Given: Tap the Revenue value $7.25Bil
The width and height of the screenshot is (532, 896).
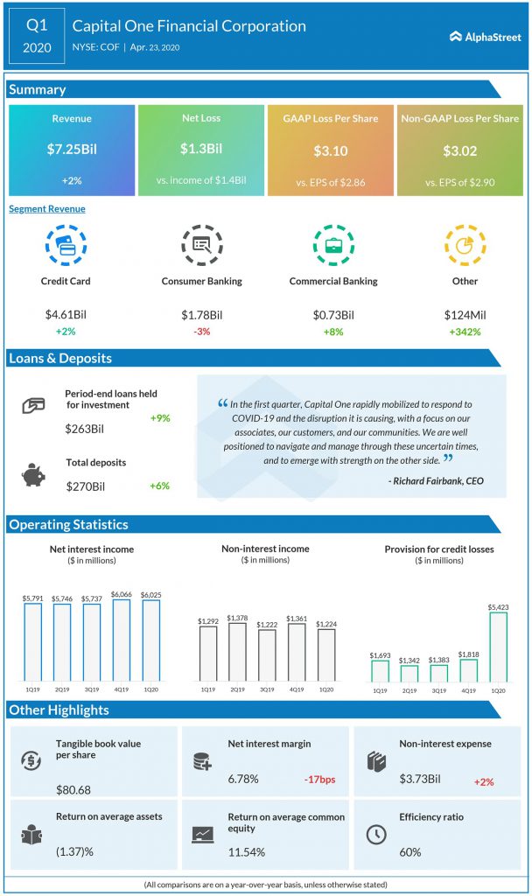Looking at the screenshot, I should tap(72, 150).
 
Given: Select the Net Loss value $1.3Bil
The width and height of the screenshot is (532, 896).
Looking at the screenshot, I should tap(200, 150).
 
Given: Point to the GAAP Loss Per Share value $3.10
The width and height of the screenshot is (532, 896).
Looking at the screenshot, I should tap(331, 150).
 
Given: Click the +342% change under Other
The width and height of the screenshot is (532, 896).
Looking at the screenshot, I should tap(465, 332).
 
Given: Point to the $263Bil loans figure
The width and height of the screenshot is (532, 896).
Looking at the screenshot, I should tap(83, 429).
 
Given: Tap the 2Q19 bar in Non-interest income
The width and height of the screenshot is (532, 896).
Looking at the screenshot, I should tap(236, 652).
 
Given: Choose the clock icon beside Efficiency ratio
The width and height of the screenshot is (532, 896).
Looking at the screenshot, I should tap(374, 833).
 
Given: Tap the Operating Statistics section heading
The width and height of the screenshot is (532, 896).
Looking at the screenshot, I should tap(69, 525).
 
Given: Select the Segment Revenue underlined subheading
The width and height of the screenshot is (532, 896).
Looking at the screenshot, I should tap(47, 209).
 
